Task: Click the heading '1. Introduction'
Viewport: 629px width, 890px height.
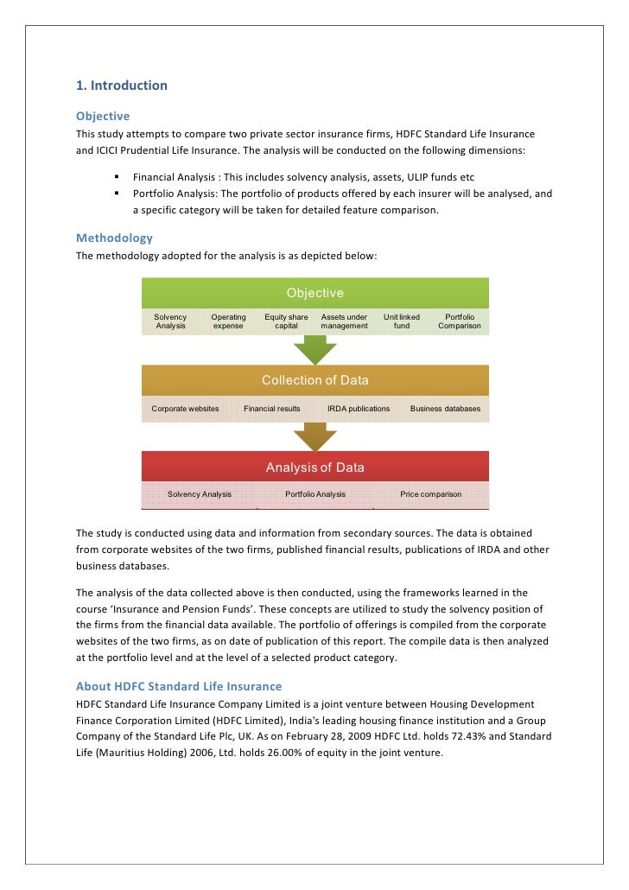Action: [122, 86]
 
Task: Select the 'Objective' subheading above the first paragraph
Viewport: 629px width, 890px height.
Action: [103, 116]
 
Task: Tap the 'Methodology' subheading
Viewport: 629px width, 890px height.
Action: [114, 238]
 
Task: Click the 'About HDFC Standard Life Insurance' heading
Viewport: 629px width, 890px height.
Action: [179, 686]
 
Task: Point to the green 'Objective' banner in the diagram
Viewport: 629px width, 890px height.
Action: [315, 293]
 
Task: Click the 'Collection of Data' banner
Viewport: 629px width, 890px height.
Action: [315, 380]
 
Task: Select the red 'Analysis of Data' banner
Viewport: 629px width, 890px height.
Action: [315, 467]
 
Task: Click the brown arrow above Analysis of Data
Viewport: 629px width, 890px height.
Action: [315, 436]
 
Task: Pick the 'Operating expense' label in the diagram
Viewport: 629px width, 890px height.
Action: [228, 321]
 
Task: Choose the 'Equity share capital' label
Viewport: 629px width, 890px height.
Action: [286, 321]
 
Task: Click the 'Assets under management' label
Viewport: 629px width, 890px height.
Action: [344, 321]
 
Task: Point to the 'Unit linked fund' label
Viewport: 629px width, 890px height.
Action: [402, 321]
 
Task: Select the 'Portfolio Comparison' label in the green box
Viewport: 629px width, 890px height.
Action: [460, 321]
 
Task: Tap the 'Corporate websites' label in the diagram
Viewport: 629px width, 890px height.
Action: [185, 409]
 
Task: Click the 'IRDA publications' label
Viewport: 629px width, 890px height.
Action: [359, 409]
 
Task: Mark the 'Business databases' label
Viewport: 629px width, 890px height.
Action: [445, 409]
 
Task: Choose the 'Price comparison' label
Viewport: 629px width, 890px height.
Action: [430, 494]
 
